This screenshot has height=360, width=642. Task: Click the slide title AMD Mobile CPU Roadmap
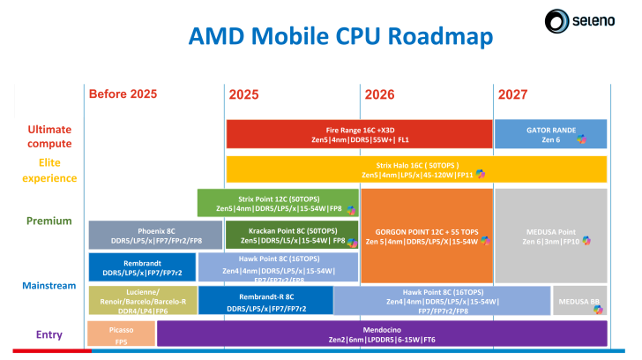(341, 36)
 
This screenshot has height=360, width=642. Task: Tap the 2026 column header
(378, 94)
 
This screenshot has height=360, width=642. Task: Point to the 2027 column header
(513, 94)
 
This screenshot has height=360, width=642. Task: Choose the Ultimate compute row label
(49, 136)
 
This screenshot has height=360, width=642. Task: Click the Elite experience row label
(49, 169)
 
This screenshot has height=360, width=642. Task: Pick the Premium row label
(49, 221)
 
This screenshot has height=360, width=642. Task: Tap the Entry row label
(49, 334)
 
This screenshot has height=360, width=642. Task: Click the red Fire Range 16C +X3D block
(359, 134)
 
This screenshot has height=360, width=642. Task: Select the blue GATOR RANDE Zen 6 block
(550, 134)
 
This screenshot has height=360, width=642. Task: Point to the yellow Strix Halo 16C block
(416, 169)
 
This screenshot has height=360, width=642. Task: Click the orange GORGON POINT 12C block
(426, 235)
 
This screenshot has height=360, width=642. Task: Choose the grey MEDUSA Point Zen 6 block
(550, 235)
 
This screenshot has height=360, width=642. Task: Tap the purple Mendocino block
(381, 334)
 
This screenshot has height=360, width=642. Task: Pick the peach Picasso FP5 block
(121, 334)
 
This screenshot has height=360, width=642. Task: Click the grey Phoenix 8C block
(142, 235)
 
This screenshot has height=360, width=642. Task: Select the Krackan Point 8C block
(277, 235)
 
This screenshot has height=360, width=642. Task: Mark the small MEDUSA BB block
(579, 301)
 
